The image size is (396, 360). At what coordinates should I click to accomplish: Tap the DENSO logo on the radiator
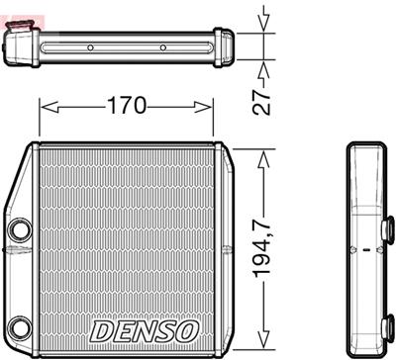(145, 327)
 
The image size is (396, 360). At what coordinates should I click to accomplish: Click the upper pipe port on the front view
(19, 232)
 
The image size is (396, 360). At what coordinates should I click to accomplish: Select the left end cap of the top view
(21, 45)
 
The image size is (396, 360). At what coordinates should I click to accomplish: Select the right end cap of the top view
(226, 46)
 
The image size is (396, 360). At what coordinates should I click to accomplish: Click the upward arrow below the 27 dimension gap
(263, 70)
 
